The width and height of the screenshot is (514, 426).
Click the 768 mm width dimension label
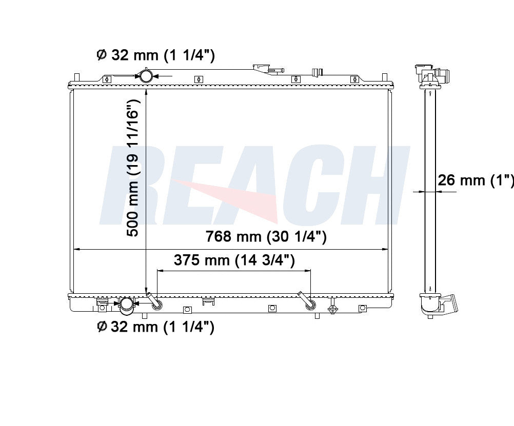point(266,236)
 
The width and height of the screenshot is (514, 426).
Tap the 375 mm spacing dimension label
point(234,260)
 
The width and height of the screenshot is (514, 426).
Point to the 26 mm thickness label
point(476,180)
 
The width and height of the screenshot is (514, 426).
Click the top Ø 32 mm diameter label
point(156,55)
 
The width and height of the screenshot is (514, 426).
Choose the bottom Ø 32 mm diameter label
point(156,327)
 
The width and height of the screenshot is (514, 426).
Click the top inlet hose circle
point(146,76)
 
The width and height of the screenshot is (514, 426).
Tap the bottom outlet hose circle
point(126,304)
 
